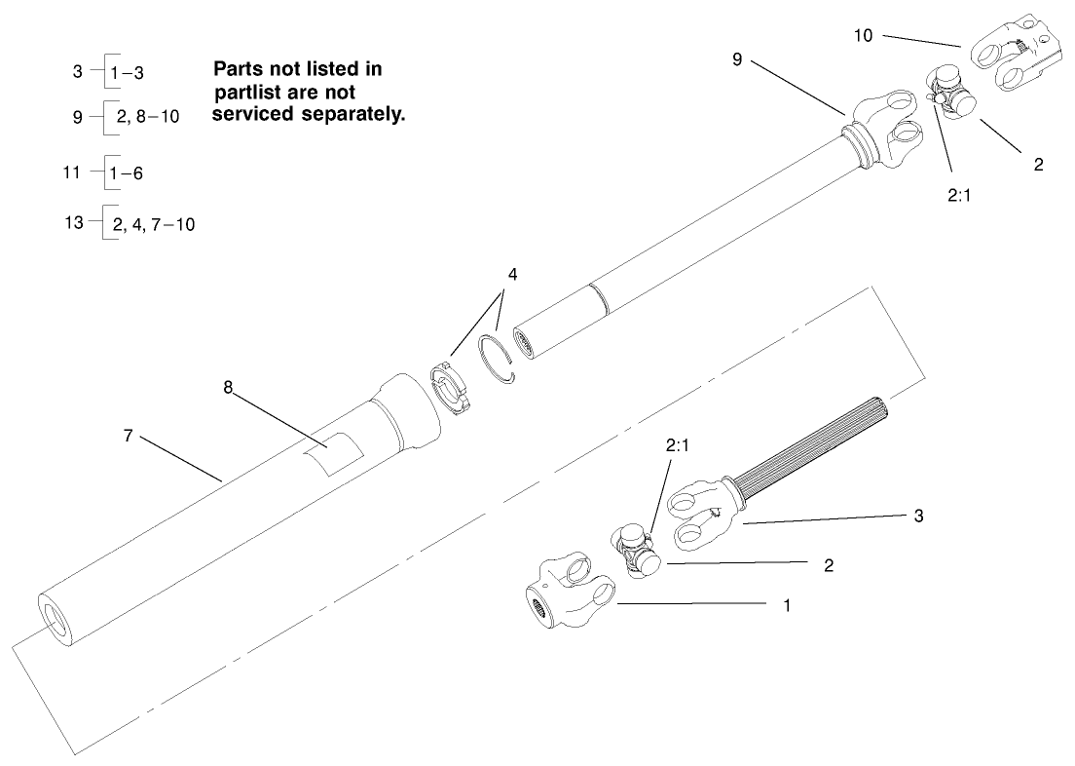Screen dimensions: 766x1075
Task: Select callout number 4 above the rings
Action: [511, 274]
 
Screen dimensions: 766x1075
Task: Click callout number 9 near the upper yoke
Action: [739, 59]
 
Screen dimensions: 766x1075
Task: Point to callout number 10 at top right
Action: [863, 35]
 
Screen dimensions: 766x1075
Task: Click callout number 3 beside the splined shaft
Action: [918, 514]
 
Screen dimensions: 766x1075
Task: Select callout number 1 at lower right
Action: [787, 605]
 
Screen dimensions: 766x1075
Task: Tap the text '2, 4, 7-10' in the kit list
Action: [153, 224]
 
